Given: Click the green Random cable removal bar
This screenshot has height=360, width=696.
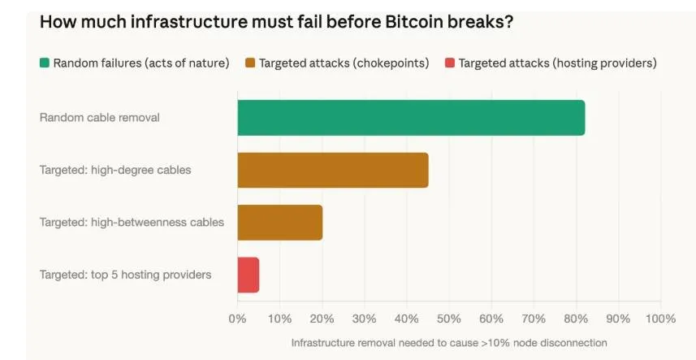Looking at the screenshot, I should click(411, 118).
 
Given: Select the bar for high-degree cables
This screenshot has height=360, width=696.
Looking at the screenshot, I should click(333, 170).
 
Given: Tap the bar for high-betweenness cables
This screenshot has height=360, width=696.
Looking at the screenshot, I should click(280, 222).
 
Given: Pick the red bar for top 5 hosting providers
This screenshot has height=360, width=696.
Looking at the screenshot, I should click(249, 275).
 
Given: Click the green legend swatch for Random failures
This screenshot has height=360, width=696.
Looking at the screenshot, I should click(45, 63).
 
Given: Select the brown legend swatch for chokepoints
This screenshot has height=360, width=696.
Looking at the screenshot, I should click(250, 63).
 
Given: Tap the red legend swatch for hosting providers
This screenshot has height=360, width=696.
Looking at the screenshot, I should click(450, 63).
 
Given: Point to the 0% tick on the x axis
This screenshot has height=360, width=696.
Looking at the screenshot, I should click(237, 318).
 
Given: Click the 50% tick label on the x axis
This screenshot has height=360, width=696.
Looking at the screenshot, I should click(448, 318).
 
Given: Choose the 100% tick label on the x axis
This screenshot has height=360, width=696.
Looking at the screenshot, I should click(659, 318).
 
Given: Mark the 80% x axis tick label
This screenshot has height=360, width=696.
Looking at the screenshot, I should click(576, 318).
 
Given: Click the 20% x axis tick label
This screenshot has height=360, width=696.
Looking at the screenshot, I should click(322, 318).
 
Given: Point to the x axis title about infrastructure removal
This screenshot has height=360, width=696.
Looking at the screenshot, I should click(449, 342).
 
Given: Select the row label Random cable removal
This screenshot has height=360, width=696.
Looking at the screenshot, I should click(100, 118).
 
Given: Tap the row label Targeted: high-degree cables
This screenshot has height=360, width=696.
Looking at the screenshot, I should click(115, 170).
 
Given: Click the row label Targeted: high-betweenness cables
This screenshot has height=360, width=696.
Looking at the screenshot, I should click(132, 222).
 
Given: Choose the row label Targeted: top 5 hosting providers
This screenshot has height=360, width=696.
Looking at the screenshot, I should click(125, 275).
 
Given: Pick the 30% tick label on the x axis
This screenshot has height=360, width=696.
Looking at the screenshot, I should click(364, 318).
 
